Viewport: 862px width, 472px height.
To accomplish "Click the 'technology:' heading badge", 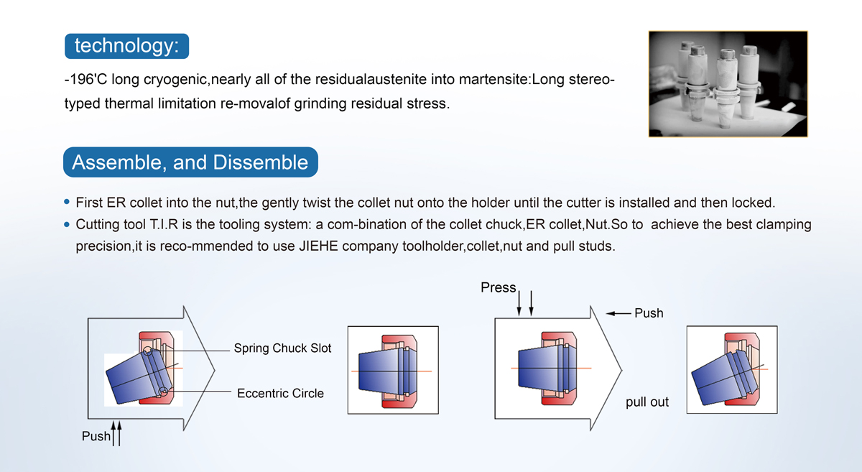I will pyautogui.click(x=126, y=46).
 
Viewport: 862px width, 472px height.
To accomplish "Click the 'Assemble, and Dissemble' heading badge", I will pyautogui.click(x=190, y=162).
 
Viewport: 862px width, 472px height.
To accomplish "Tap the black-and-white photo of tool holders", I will pyautogui.click(x=728, y=83).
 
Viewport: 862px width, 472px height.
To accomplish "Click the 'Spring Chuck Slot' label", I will pyautogui.click(x=282, y=348).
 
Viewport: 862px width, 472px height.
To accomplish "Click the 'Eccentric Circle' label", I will pyautogui.click(x=280, y=393).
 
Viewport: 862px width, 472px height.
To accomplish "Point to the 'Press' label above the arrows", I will pyautogui.click(x=498, y=287).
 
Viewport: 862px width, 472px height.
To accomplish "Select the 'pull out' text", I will pyautogui.click(x=646, y=402).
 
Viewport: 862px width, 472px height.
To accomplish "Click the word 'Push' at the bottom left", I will pyautogui.click(x=96, y=436).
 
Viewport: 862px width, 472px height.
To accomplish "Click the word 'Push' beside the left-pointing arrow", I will pyautogui.click(x=649, y=313).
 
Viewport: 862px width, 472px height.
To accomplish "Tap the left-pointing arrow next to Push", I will pyautogui.click(x=618, y=313).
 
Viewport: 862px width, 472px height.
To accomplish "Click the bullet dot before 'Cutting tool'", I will pyautogui.click(x=68, y=225).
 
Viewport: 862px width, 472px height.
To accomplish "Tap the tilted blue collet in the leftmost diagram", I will pyautogui.click(x=129, y=375).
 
